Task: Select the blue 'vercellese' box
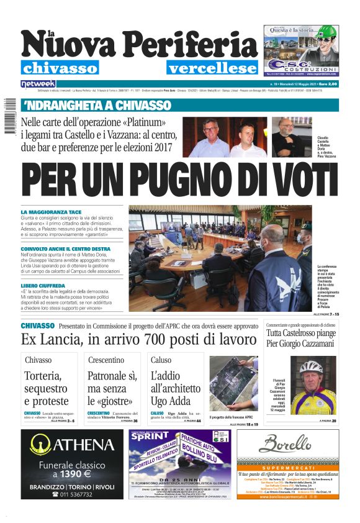click(x=207, y=68)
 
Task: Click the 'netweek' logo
click(x=38, y=83)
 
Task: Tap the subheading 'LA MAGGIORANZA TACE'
click(x=52, y=212)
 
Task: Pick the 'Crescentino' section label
click(x=106, y=360)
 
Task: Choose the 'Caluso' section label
click(x=161, y=360)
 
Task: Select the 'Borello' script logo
click(x=285, y=443)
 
